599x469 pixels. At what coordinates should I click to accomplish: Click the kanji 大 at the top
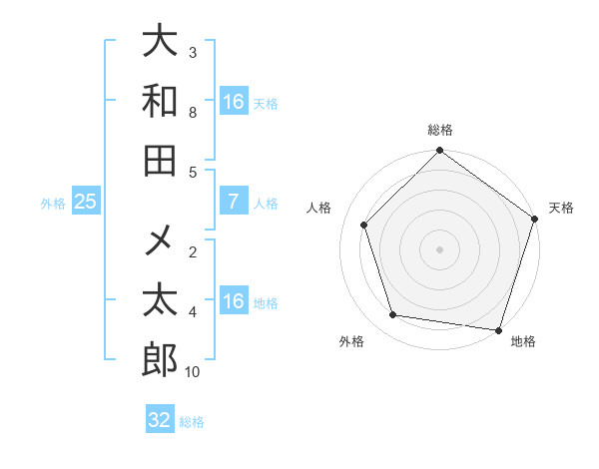(160, 41)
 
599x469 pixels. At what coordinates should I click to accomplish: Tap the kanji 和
(160, 101)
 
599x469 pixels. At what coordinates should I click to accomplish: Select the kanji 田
(160, 161)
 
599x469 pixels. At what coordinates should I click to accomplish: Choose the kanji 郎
(160, 359)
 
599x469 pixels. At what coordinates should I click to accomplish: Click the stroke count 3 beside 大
(193, 51)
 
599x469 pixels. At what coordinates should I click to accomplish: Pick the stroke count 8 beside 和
(193, 112)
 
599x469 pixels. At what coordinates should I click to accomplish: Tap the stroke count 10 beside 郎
(193, 371)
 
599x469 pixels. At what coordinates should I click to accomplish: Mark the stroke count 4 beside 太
(193, 312)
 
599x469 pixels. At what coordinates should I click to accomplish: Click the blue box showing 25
(85, 202)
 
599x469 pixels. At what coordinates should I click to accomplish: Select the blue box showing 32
(160, 420)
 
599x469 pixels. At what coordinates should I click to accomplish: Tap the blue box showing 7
(233, 202)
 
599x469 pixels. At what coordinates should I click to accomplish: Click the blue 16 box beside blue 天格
(233, 102)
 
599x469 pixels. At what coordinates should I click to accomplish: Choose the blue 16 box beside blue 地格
(233, 301)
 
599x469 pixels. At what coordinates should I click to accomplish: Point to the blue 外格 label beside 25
(53, 203)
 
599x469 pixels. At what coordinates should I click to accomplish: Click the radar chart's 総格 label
(439, 130)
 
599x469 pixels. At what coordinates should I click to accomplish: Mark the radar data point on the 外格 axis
(393, 315)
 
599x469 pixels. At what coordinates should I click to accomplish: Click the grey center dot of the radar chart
(439, 249)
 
